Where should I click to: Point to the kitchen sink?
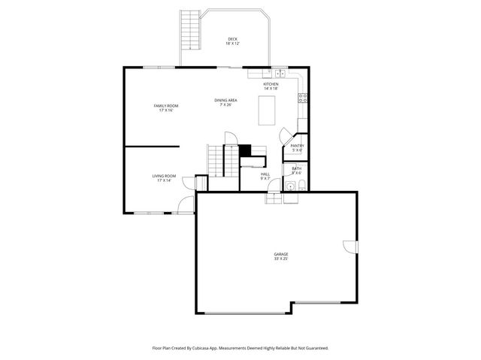[279, 73]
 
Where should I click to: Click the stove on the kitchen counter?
[303, 97]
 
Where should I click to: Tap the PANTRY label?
[297, 147]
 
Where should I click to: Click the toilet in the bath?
[297, 185]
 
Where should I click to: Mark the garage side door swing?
[349, 247]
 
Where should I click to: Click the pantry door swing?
[286, 136]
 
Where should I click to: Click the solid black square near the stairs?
[244, 150]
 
